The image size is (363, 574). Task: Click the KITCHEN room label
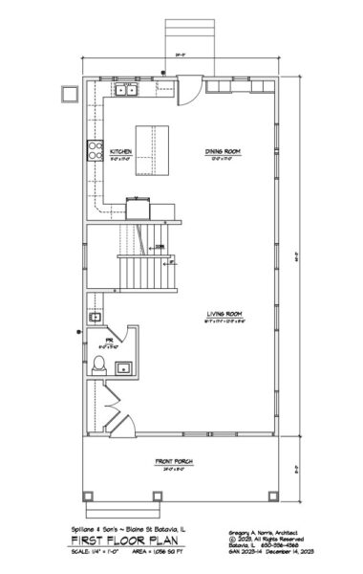click(x=120, y=152)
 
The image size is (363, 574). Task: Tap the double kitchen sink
click(x=128, y=91)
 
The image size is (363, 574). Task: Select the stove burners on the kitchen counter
click(x=96, y=148)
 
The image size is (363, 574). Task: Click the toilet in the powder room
click(x=98, y=364)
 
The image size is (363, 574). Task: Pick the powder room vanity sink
click(x=124, y=367)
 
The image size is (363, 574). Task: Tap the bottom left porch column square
click(x=89, y=497)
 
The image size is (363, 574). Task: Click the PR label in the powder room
click(x=110, y=339)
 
